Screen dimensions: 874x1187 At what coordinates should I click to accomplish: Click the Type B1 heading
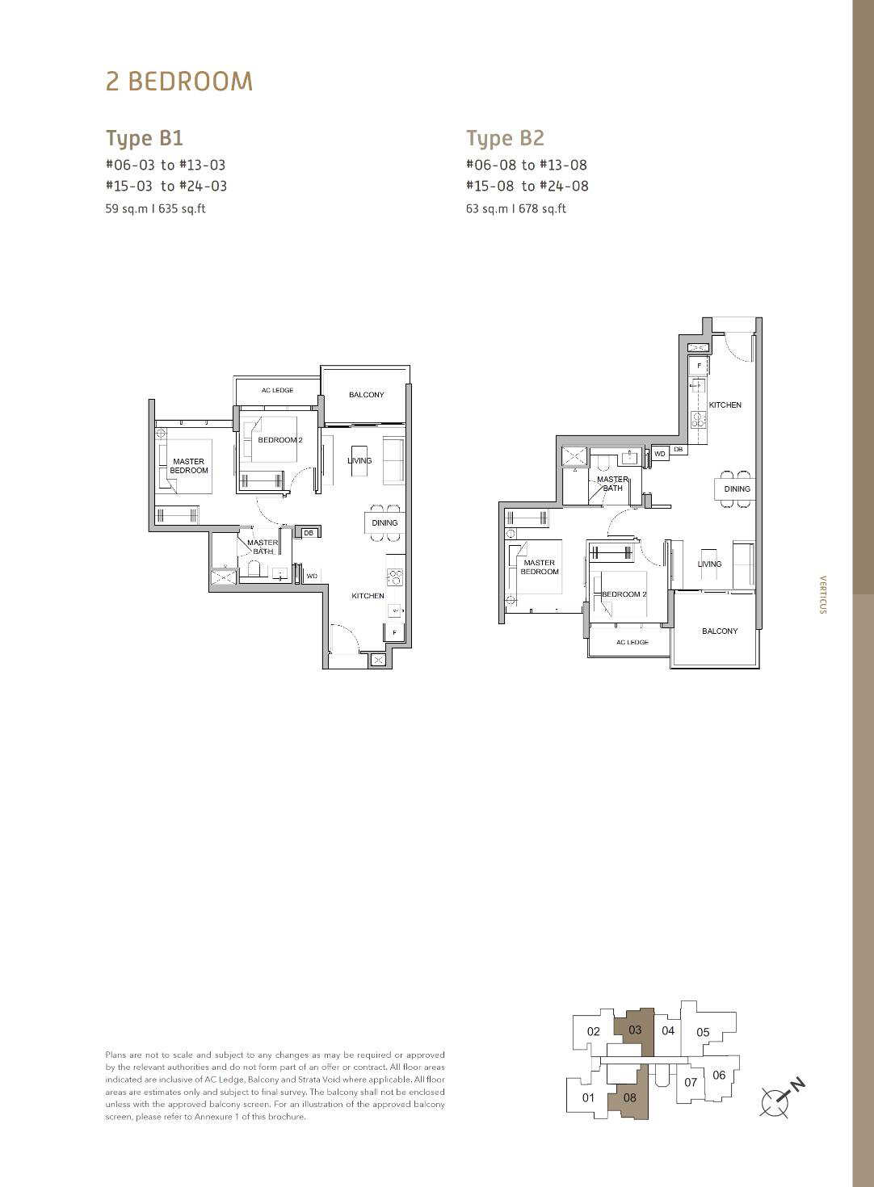[x=145, y=139]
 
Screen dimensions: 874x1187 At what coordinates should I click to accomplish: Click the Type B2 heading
[x=505, y=139]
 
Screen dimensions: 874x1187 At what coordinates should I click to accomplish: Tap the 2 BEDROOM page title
[x=179, y=82]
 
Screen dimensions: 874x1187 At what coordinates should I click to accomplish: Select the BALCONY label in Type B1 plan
[x=366, y=395]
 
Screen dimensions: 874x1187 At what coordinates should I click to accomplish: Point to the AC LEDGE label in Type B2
[x=632, y=642]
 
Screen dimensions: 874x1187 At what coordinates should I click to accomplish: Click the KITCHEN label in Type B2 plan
[x=725, y=405]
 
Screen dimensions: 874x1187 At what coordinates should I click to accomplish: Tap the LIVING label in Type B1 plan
[x=359, y=460]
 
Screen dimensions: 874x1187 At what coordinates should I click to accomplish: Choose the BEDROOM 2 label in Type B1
[x=280, y=440]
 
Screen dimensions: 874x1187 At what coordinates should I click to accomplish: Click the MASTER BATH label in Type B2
[x=613, y=483]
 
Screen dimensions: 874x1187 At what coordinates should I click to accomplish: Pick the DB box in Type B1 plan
[x=308, y=533]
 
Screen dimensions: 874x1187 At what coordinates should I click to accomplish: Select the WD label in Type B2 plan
[x=660, y=454]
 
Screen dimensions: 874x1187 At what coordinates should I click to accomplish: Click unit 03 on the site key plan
[x=635, y=1030]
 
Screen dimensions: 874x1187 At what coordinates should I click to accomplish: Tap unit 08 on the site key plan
[x=630, y=1097]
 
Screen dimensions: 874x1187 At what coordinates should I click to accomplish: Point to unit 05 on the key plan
[x=703, y=1032]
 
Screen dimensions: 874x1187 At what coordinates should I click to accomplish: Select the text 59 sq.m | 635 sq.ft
[x=155, y=209]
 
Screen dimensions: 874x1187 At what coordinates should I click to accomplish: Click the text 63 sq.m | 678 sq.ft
[x=515, y=209]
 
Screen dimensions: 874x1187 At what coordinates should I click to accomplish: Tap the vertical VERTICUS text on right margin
[x=822, y=594]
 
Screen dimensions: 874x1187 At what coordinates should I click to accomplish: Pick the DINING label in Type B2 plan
[x=737, y=489]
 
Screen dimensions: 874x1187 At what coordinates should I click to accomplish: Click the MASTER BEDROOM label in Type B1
[x=189, y=466]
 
